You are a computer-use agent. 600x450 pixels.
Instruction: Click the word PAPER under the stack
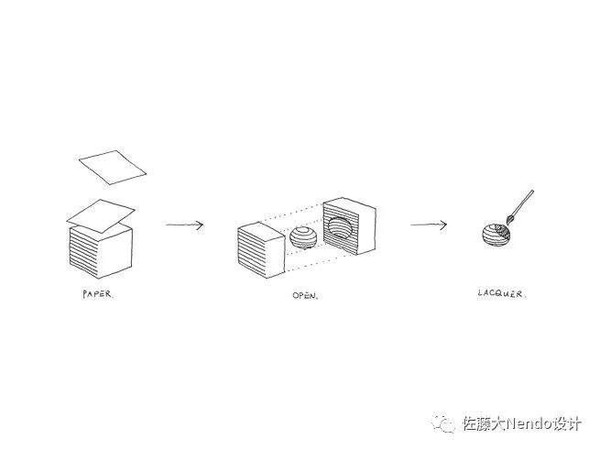(96, 295)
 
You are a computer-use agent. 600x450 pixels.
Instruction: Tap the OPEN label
(305, 295)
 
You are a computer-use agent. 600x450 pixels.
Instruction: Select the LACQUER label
(502, 294)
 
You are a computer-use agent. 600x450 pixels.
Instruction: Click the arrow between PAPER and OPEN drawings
(184, 224)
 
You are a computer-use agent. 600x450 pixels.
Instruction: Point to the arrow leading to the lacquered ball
(429, 224)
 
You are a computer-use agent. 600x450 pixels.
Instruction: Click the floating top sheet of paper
(112, 166)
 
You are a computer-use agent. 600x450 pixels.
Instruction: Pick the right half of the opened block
(348, 225)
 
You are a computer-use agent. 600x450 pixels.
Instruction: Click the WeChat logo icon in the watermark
(445, 423)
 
